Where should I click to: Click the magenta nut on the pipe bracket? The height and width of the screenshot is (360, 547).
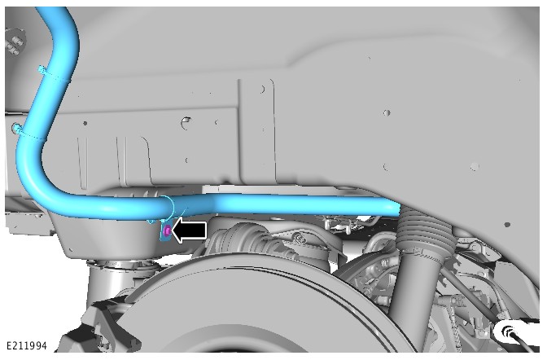click(x=167, y=230)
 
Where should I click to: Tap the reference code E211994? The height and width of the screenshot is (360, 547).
click(x=27, y=345)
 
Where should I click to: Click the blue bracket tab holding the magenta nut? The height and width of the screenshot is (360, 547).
click(x=165, y=231)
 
